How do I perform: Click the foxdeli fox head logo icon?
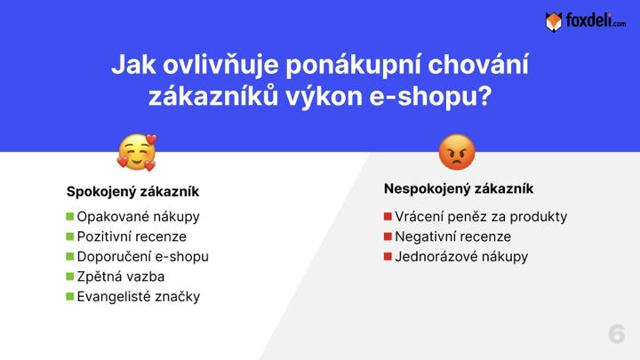coord(554,21)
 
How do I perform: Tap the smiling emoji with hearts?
coord(137,153)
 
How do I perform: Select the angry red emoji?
coord(457,152)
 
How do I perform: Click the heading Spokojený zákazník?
coord(132,191)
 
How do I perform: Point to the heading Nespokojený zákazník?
coord(459,188)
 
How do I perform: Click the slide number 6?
coord(616,334)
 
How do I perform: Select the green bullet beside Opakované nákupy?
coord(70,216)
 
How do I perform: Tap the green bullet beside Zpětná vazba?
coord(70,276)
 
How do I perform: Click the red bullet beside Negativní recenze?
coord(388,236)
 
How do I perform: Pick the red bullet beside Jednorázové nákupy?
coord(388,256)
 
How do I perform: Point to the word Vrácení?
coord(419,216)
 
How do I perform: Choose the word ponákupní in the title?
coord(353,65)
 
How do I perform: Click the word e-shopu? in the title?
coord(430,97)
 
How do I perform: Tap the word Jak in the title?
coord(133,65)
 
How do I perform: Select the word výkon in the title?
coord(324,97)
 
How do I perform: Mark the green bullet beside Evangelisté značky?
coord(70,296)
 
